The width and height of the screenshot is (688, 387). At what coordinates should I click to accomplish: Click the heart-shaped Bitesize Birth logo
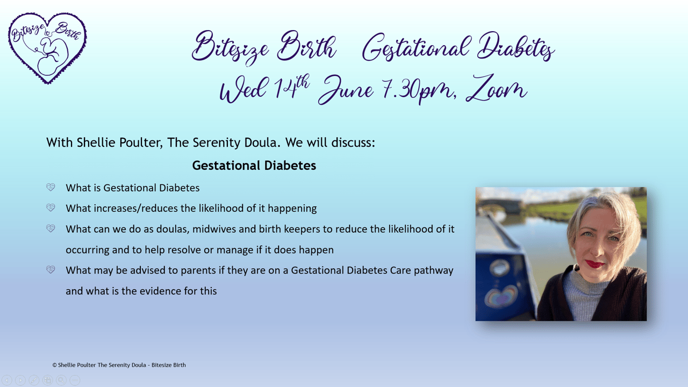click(x=47, y=48)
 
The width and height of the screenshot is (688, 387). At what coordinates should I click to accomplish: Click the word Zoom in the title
click(x=496, y=89)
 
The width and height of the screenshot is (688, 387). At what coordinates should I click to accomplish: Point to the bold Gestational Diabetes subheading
click(x=254, y=166)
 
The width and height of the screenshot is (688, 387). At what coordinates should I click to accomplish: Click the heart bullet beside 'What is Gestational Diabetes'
click(x=51, y=187)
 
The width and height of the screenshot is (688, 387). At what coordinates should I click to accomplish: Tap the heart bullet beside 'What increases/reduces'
click(x=51, y=207)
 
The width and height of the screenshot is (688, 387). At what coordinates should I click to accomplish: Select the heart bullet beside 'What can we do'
click(x=51, y=228)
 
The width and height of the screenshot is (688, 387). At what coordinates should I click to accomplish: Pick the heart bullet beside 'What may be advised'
click(x=51, y=269)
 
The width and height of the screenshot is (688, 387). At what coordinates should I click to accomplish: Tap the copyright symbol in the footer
click(x=55, y=365)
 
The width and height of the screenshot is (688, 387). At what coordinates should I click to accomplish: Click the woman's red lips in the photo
click(x=594, y=264)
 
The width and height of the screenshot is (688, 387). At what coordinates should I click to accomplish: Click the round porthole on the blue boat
click(x=499, y=268)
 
